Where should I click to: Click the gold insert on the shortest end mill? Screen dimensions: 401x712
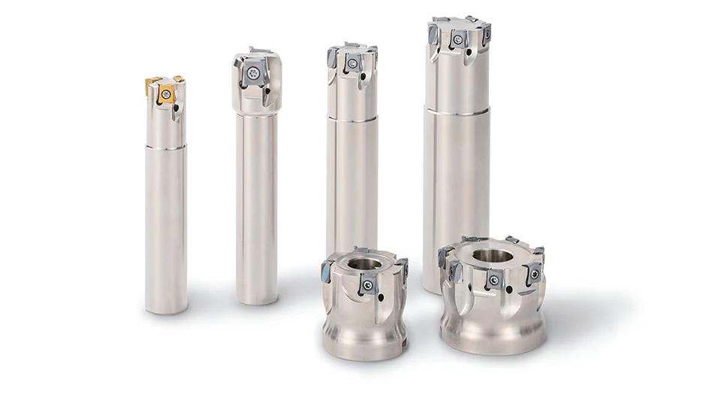(166, 94)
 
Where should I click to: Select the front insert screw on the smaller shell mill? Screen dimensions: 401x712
(368, 286)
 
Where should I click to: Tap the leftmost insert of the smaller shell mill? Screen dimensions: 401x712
(328, 269)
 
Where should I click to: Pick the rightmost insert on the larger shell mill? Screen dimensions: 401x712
(535, 273)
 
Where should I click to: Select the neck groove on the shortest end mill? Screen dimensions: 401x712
(165, 147)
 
